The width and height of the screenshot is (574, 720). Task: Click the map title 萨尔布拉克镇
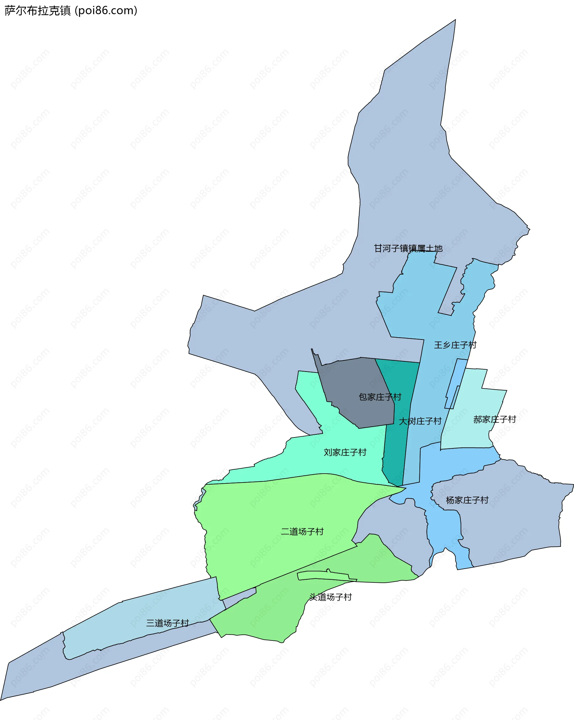coord(37,11)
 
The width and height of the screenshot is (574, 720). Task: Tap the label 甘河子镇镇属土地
coord(408,248)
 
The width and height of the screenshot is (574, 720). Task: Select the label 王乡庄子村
coord(455,345)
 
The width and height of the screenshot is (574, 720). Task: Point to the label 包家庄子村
coord(380,397)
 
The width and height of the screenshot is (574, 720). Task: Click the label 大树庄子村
coord(420,422)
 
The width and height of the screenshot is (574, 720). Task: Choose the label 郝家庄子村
coord(494,420)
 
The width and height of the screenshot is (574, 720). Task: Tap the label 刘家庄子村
coord(345,452)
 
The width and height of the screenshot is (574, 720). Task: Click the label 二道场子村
coord(302,532)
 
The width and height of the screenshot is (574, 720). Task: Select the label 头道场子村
coord(330,597)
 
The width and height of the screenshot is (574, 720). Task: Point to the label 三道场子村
coord(167,623)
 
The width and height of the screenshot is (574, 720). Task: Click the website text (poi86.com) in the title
coord(106,11)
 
